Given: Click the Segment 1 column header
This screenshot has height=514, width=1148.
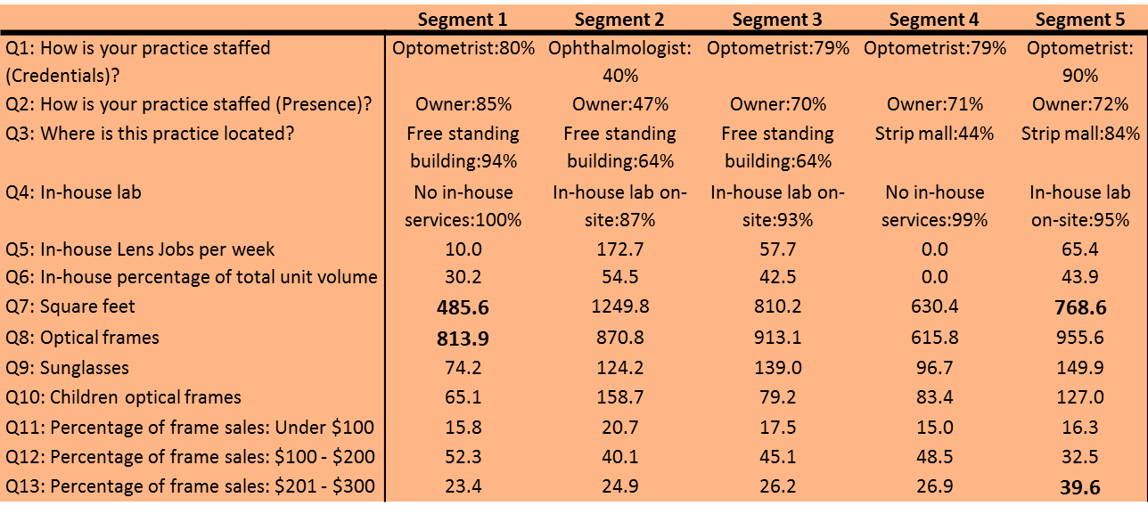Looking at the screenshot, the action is [x=463, y=20].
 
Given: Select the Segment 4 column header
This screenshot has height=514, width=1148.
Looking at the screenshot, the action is [x=934, y=20].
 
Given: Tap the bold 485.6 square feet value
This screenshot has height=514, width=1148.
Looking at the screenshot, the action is [x=463, y=307].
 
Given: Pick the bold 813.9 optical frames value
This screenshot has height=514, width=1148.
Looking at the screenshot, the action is [x=463, y=339].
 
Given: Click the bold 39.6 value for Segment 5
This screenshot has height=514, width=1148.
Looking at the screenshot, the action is [x=1080, y=487].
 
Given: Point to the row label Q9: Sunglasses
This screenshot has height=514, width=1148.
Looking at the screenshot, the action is [x=67, y=368].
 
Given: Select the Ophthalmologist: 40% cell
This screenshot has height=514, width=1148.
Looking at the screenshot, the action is [x=619, y=62].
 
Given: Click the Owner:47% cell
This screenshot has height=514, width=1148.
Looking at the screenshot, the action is [x=620, y=104].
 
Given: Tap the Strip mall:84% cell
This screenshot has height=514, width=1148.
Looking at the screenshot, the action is [x=1080, y=134].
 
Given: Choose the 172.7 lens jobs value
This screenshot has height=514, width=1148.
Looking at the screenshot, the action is [x=619, y=249].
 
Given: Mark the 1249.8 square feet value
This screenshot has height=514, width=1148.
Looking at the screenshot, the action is [x=620, y=306].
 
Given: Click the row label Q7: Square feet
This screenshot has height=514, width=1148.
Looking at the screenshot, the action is [x=70, y=306].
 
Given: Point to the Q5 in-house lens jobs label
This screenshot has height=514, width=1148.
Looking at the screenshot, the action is [x=140, y=249].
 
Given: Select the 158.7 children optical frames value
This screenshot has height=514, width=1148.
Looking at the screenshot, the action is [x=619, y=397].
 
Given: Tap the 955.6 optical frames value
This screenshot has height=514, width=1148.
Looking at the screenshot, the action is [x=1080, y=338].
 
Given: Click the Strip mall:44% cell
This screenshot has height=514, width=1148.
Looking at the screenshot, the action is [x=934, y=134].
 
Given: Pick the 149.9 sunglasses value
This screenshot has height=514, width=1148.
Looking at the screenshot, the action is [x=1080, y=368].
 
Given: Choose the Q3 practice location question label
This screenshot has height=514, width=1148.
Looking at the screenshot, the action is [x=150, y=134].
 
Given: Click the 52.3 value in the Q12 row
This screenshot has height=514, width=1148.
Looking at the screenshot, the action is [x=463, y=457].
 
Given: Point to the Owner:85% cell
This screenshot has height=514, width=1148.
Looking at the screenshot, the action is [x=463, y=104].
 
